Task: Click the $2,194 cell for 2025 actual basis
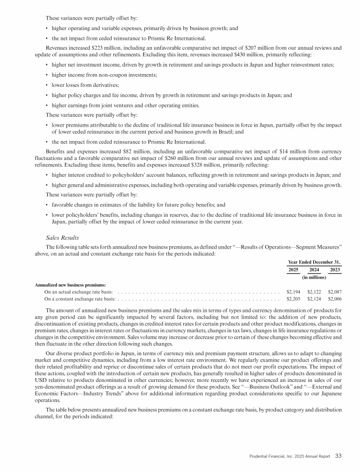(x=293, y=292)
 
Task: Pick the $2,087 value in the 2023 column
(x=335, y=292)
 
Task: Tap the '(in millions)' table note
(x=314, y=278)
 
